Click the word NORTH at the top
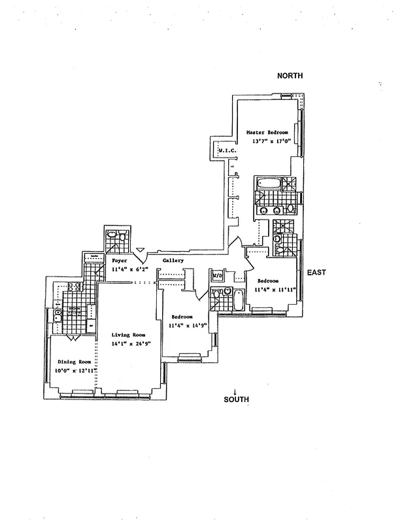290,76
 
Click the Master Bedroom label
267,133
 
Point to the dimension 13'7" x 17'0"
267,141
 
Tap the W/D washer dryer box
218,277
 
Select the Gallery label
173,260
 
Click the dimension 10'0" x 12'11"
75,371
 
